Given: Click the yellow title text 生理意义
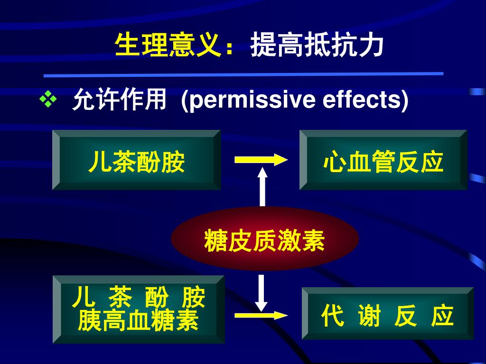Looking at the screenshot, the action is [168, 46].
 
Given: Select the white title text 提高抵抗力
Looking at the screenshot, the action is [317, 46].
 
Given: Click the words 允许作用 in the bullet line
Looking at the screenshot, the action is [119, 100].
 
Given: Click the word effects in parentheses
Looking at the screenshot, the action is [362, 100].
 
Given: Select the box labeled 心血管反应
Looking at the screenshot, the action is [383, 160].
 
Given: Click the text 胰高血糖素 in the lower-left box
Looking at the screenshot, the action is [138, 321].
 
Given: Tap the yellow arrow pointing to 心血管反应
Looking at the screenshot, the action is [261, 160].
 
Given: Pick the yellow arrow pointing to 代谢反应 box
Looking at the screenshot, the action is [261, 316].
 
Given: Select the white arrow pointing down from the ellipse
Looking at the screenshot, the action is [261, 292].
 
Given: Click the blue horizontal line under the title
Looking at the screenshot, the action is [243, 74].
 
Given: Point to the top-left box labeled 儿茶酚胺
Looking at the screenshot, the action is [136, 160].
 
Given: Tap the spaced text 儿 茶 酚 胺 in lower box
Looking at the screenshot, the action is [138, 298].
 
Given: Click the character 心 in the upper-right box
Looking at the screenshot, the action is [333, 162].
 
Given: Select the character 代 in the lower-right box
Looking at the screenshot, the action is [332, 316].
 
